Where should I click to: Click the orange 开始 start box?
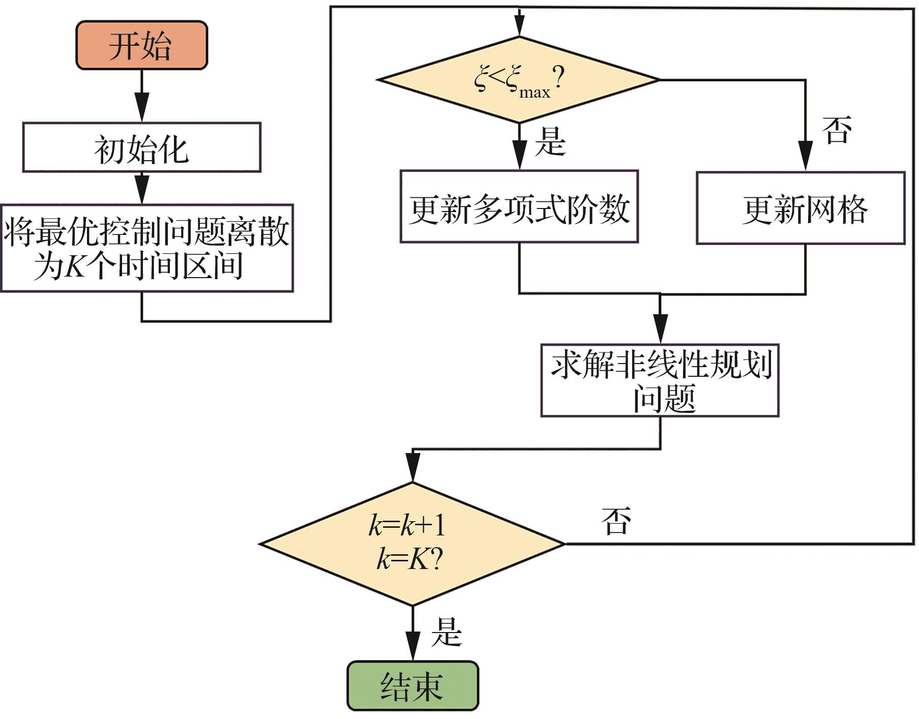pos(141,45)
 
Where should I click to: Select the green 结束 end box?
pos(412,686)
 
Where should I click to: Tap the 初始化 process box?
pos(141,147)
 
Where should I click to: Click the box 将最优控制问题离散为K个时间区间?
pos(146,248)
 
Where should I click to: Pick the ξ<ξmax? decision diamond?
pos(519,80)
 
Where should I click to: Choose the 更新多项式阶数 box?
pos(519,206)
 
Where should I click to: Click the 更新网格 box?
pos(801,208)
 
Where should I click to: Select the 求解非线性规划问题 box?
pos(660,381)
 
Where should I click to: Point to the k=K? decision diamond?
pos(412,544)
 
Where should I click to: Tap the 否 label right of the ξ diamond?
pos(837,130)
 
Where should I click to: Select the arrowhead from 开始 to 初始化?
pos(141,107)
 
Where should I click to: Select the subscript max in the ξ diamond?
pos(535,93)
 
